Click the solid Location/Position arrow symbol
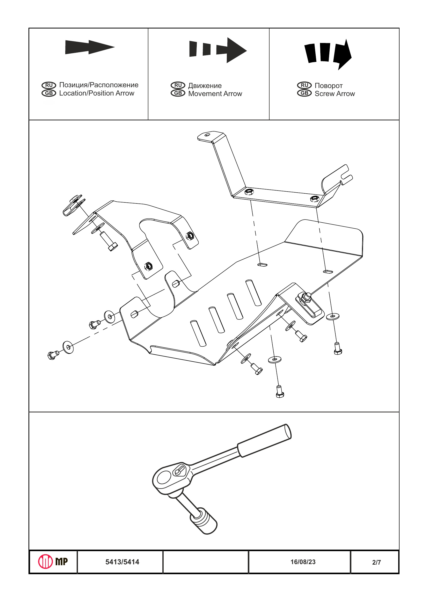[90, 47]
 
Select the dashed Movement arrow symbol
[218, 50]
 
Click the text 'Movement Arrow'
[215, 93]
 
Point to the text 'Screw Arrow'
[335, 93]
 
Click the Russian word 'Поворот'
[328, 86]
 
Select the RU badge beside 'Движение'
[178, 85]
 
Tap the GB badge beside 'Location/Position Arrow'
[49, 93]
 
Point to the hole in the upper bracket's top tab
[207, 135]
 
